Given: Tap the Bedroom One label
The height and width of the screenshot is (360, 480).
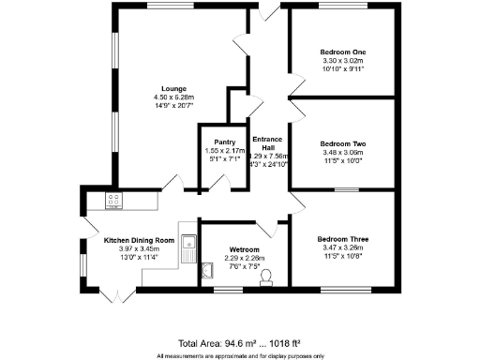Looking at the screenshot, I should pos(341,51).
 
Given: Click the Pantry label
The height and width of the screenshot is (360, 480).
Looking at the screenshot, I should pos(224,142).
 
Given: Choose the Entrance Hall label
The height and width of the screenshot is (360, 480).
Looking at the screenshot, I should pos(268,142).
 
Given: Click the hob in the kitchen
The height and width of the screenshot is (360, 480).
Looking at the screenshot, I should pos(114,199).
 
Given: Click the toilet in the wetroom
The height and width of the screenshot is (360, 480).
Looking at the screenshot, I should pos(267,275).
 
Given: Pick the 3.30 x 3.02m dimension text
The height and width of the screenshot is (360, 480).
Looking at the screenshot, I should pos(341,59).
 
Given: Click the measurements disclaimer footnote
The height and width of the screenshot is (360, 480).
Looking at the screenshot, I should pos(240,355).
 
